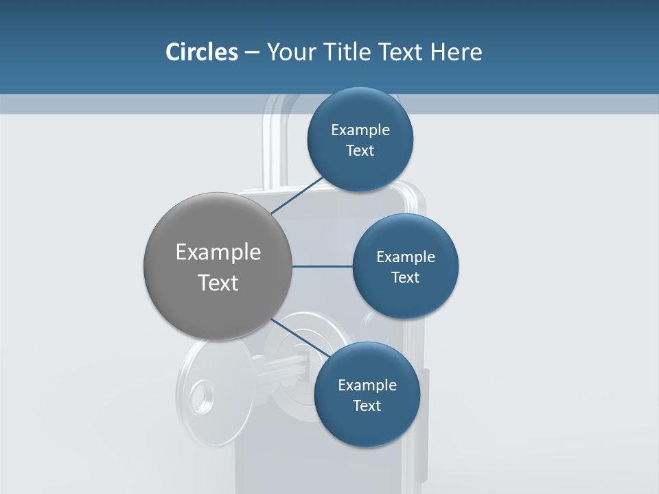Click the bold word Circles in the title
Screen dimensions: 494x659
(201, 52)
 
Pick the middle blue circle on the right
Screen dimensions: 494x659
(405, 298)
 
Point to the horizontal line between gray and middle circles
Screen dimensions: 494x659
(322, 266)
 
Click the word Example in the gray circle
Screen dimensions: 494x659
(218, 252)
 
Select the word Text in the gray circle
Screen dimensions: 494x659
(218, 283)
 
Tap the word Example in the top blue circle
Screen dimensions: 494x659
(360, 130)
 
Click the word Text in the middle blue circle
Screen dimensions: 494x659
(405, 277)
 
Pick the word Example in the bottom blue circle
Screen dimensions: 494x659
(367, 385)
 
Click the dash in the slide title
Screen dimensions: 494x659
(252, 52)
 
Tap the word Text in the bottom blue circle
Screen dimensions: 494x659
(367, 405)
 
